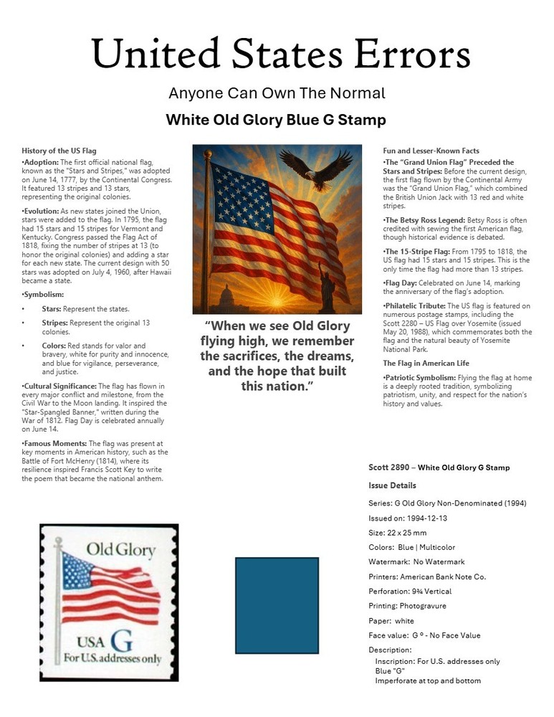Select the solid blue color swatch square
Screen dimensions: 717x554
tap(277, 606)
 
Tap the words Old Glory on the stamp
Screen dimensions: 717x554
tap(120, 551)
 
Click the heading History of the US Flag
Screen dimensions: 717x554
tap(59, 151)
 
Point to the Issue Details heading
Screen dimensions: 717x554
tap(392, 485)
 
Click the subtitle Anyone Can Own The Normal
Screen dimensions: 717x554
tap(277, 93)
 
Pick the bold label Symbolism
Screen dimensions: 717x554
tap(44, 295)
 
